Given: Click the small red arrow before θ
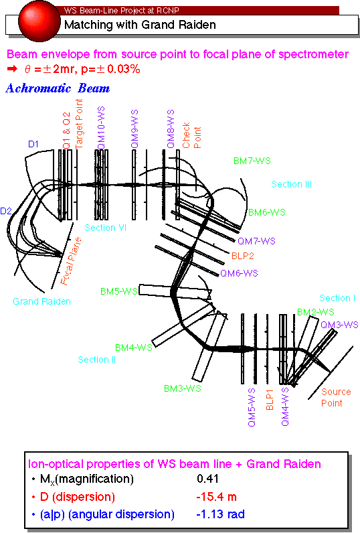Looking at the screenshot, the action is click(x=12, y=69).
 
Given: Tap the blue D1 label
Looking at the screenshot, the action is click(x=33, y=144).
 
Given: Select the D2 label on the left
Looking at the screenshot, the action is click(x=6, y=211).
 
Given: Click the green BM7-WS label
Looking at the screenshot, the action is click(x=252, y=161).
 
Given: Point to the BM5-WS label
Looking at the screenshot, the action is click(x=119, y=291).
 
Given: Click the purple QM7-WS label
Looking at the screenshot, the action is click(x=256, y=241).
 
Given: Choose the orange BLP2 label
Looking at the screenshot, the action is click(x=242, y=256).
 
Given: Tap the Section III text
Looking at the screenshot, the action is click(x=291, y=184).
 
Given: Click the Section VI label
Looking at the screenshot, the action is click(x=105, y=228).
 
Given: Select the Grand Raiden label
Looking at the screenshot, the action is click(x=41, y=301).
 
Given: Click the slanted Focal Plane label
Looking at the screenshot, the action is click(x=71, y=260).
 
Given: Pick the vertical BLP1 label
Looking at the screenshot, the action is click(x=270, y=400).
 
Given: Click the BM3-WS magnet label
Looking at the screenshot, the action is click(x=183, y=388).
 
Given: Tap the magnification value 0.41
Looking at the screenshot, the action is click(x=208, y=479).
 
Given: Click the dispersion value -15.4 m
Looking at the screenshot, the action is click(x=216, y=497).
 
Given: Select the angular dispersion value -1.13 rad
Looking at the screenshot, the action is click(x=220, y=514).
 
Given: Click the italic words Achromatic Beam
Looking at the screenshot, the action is click(x=58, y=88).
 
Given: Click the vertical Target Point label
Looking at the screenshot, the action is click(x=79, y=124).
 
